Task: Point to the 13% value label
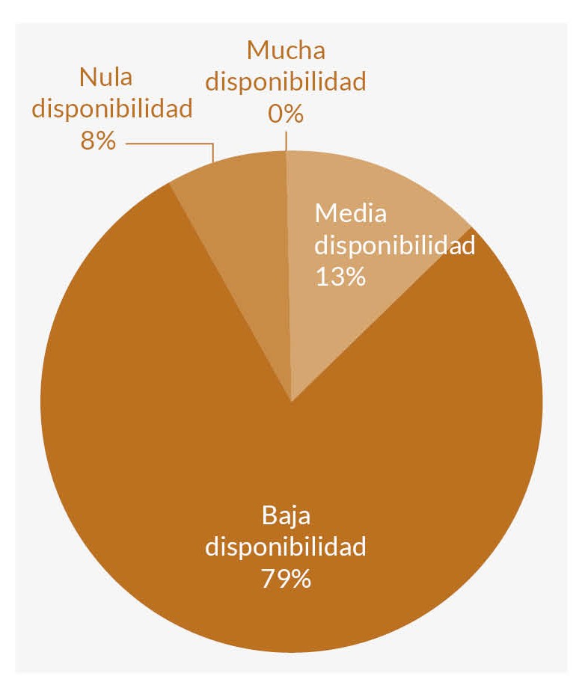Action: (x=340, y=277)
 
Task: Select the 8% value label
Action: (x=98, y=141)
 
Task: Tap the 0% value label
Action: (x=286, y=114)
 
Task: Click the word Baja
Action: (x=286, y=515)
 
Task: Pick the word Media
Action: (x=351, y=213)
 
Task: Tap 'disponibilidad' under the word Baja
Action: (x=286, y=547)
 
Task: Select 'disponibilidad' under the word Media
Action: (x=395, y=245)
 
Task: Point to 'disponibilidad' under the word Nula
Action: (x=112, y=108)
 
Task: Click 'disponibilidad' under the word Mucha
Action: (x=286, y=82)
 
